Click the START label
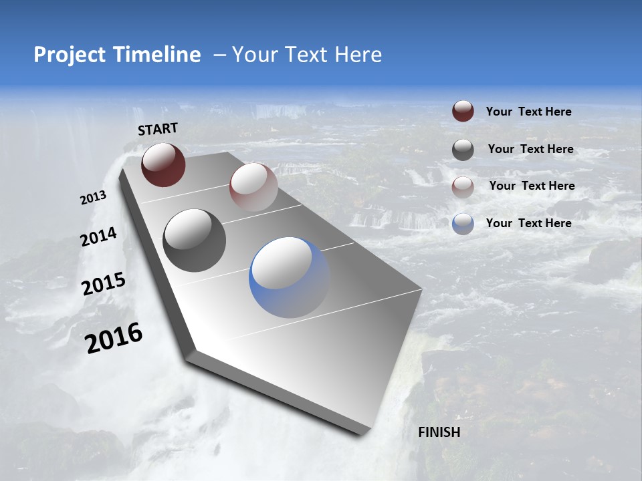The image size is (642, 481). [158, 129]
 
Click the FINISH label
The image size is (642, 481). [439, 432]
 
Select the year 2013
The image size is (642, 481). [93, 198]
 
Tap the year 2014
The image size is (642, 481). [98, 237]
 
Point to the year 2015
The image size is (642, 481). [103, 284]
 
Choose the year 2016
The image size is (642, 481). [114, 338]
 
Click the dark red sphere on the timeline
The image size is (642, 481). [163, 164]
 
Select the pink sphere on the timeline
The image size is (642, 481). [253, 187]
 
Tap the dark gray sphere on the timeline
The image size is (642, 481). [194, 240]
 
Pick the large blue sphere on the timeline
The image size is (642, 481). [290, 277]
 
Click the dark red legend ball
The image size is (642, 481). [463, 111]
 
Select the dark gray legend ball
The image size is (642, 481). [463, 150]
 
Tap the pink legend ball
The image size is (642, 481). [463, 187]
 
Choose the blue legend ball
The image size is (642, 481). [463, 224]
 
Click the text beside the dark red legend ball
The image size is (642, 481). [528, 112]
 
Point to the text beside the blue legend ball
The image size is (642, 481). [528, 223]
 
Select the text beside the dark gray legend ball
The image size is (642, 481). [530, 149]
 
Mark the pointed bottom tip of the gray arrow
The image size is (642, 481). [361, 434]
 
